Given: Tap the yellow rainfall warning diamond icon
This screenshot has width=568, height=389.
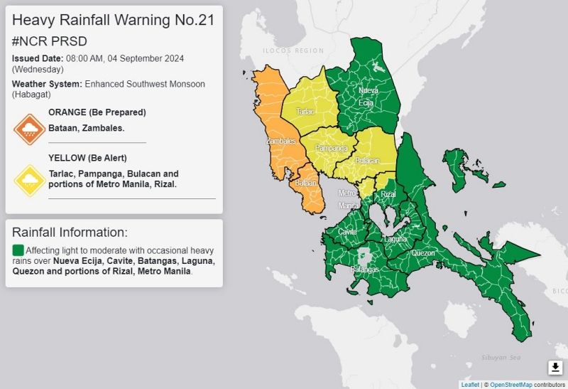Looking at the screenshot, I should [30, 181].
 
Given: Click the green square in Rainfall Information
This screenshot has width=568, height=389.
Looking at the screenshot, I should [18, 250].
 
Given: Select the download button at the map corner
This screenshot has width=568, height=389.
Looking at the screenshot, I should [555, 367].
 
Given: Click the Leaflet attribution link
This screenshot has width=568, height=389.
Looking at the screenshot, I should [470, 384].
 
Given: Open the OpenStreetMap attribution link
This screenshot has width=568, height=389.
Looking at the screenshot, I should [512, 384].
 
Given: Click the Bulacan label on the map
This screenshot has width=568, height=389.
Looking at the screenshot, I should [367, 161].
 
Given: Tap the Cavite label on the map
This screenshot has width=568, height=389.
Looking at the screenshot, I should [347, 232].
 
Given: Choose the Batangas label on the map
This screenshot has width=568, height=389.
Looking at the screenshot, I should [365, 269].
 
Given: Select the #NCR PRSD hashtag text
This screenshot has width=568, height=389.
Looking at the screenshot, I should [49, 41].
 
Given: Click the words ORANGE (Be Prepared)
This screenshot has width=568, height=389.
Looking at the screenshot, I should [97, 112].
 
